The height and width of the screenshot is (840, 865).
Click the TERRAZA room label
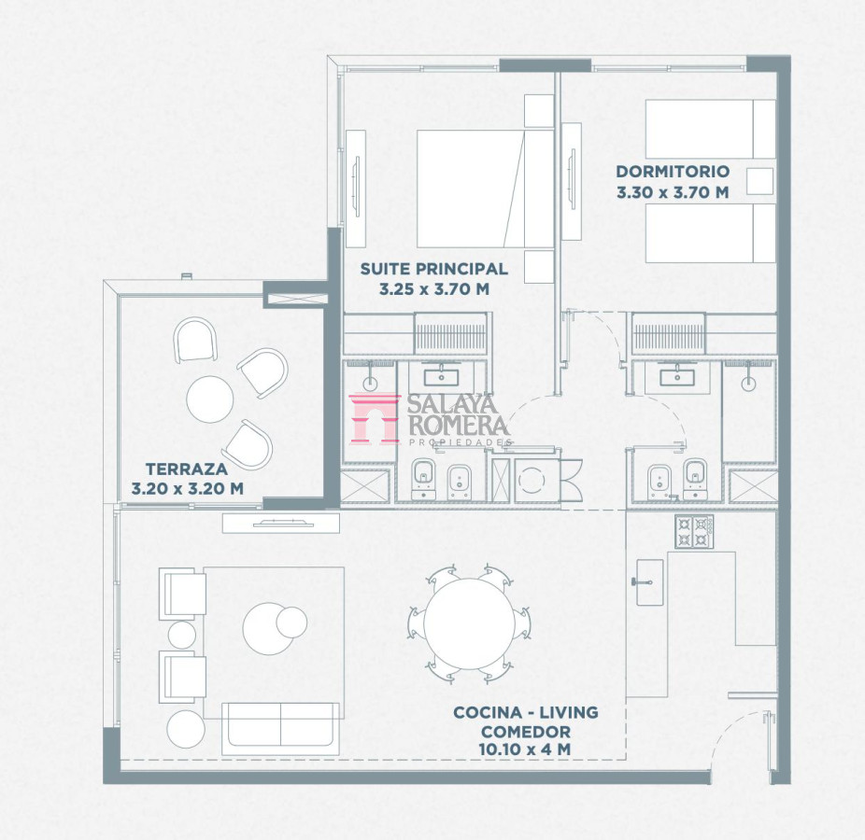(x=187, y=469)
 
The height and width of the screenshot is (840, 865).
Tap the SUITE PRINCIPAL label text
(x=434, y=269)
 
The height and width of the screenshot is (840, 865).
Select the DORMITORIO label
(x=673, y=172)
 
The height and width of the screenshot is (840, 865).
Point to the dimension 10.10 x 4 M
(x=525, y=749)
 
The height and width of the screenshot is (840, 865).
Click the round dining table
(x=470, y=624)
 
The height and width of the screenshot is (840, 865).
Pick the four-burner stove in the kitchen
(x=694, y=532)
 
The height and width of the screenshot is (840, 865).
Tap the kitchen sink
(x=650, y=582)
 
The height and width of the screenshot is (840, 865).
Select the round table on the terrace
(x=209, y=399)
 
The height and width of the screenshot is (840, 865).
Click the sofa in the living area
(x=281, y=729)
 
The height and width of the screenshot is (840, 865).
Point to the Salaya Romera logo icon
(x=374, y=418)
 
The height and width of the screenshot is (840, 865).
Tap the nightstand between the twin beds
(x=759, y=181)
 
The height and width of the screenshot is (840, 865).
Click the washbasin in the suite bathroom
(x=441, y=378)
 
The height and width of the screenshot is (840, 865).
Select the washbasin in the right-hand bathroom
(x=677, y=378)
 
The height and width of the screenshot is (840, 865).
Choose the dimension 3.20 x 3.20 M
(x=188, y=489)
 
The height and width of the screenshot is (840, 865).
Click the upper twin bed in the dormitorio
(x=711, y=129)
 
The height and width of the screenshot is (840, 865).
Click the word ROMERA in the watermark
(x=458, y=425)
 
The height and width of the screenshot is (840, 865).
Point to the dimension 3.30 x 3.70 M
(x=673, y=193)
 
